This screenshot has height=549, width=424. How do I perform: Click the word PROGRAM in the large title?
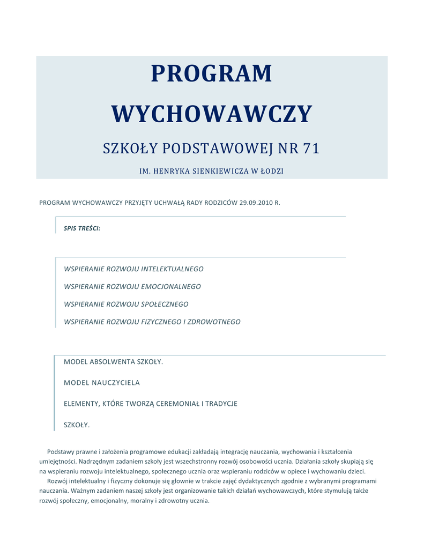211,73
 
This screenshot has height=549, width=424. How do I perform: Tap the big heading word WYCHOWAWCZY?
211,114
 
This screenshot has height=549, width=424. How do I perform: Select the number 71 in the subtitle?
311,149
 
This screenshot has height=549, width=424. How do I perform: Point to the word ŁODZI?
271,172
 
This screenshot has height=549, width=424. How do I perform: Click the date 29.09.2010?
256,203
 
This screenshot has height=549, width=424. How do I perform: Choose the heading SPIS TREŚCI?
82,228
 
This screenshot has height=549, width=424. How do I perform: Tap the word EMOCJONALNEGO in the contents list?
171,287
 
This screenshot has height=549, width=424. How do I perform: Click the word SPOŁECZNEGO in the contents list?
165,305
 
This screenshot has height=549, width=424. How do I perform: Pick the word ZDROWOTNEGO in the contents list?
215,322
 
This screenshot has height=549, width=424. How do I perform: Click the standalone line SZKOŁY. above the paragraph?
77,425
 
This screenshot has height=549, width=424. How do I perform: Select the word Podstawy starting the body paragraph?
61,452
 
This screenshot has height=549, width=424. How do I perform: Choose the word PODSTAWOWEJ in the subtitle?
213,149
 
